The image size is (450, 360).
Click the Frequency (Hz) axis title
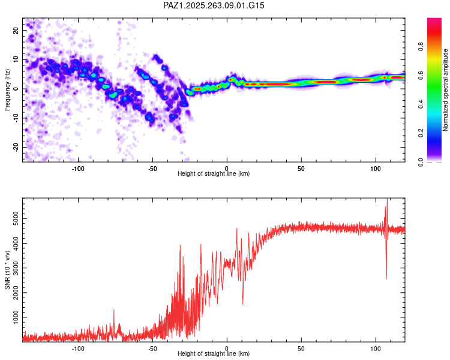click(x=7, y=90)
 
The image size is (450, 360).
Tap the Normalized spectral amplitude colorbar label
click(x=445, y=90)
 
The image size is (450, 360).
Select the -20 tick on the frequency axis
click(x=15, y=147)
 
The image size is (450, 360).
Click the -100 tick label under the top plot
click(x=78, y=168)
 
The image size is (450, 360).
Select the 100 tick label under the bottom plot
click(x=375, y=348)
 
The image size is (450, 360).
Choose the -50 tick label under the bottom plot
click(x=152, y=348)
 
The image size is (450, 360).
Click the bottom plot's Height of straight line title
click(x=214, y=354)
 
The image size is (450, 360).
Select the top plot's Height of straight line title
click(x=214, y=174)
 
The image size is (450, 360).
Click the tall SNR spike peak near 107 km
click(x=387, y=200)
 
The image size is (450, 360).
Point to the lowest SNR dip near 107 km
click(x=386, y=278)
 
